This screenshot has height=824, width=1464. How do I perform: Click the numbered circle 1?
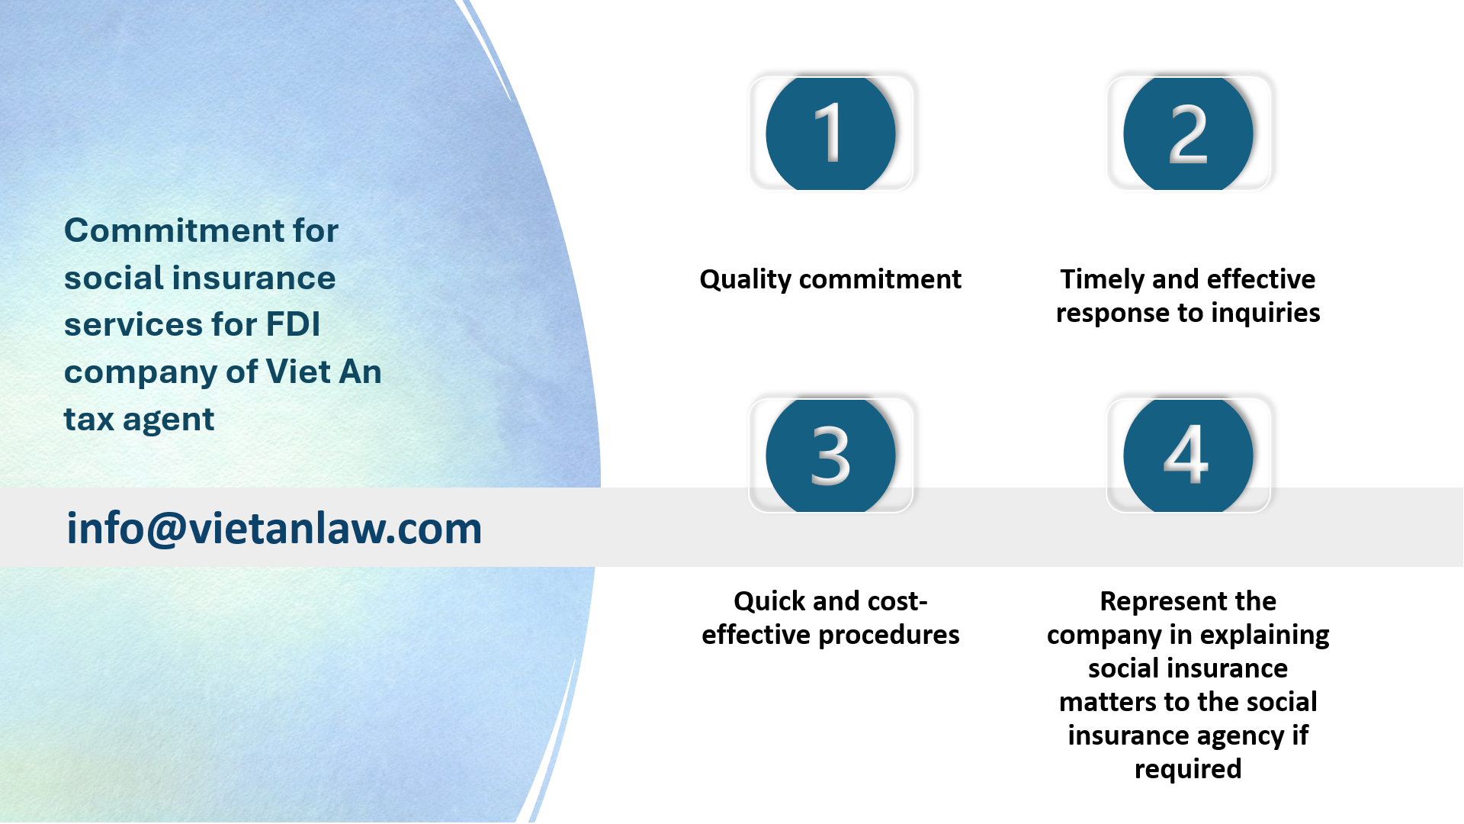point(830,134)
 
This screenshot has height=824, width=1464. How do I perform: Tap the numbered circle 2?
point(1188,134)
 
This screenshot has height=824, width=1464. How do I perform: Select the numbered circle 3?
point(830,455)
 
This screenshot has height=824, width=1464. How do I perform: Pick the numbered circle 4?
point(1188,455)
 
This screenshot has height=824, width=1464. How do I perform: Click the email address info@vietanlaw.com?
point(274,528)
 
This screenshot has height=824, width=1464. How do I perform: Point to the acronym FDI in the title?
point(293,324)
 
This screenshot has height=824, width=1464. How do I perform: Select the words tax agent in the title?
point(139,419)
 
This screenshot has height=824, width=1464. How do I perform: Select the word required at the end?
point(1188,769)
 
